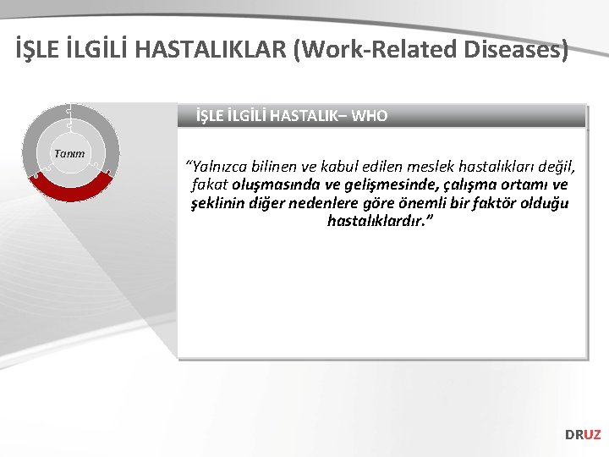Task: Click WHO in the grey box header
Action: [369, 116]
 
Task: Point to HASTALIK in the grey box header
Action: [300, 116]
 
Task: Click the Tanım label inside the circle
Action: [69, 153]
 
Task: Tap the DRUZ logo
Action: [583, 434]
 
